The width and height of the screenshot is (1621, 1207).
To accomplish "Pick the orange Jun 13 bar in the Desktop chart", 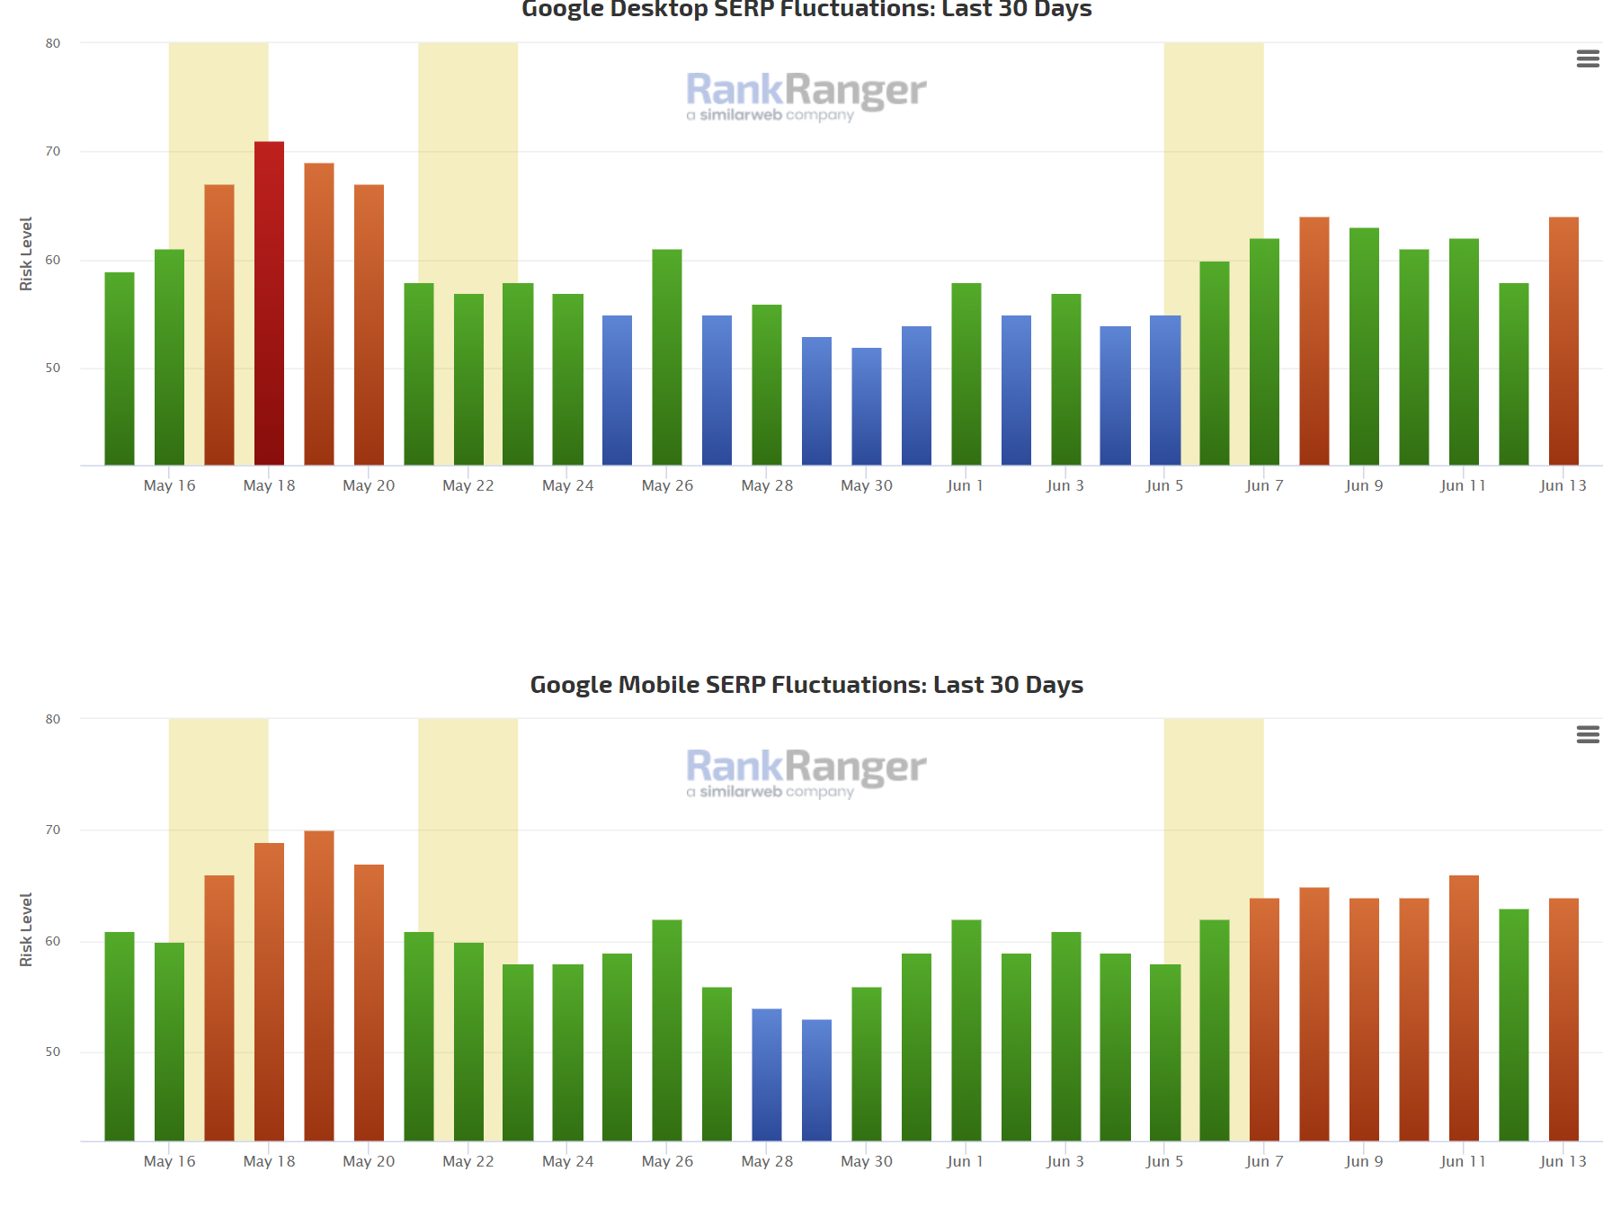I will (x=1563, y=342).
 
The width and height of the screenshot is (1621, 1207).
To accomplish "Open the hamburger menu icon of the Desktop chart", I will (x=1588, y=58).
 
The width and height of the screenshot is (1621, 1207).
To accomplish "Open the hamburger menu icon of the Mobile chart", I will (x=1588, y=734).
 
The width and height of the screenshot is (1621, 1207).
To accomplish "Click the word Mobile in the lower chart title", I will (x=659, y=685).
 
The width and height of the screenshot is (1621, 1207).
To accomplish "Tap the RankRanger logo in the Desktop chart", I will (x=806, y=95).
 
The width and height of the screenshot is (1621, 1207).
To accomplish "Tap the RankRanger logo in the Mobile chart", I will (x=806, y=772).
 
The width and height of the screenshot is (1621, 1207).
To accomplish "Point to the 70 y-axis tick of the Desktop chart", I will (x=53, y=151).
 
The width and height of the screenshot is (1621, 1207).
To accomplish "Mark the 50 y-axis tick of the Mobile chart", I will (x=53, y=1052).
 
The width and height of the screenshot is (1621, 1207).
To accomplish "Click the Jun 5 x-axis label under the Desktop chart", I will (x=1164, y=485).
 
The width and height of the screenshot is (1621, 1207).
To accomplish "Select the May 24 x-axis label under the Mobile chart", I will (x=567, y=1161).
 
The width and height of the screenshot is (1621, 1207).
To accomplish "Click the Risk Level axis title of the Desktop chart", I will (x=26, y=253).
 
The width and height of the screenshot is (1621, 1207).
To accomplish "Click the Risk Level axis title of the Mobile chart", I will (x=26, y=929).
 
